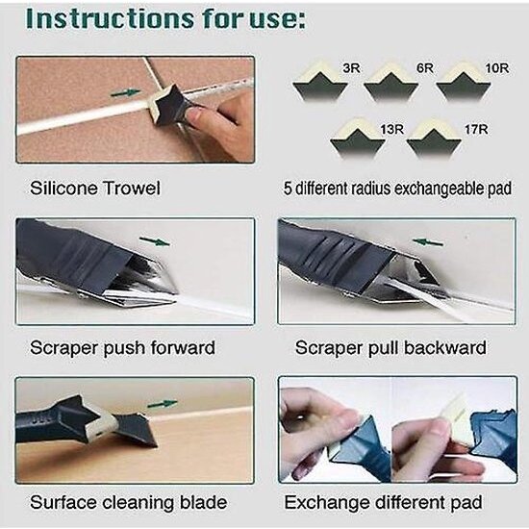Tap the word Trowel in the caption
tap(133, 189)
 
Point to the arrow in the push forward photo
tap(154, 241)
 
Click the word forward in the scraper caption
tap(179, 347)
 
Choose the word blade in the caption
tap(204, 502)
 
